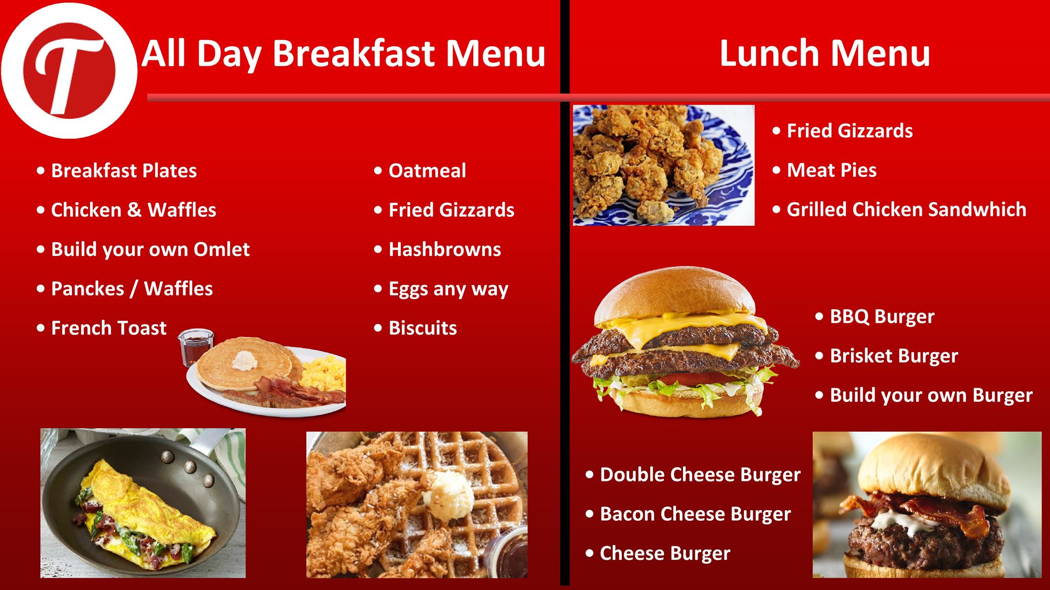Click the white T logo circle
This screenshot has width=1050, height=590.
[x=69, y=71]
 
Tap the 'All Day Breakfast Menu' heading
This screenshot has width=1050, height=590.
[x=344, y=53]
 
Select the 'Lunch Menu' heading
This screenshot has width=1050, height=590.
[x=824, y=53]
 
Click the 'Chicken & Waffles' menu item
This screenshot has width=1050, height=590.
[x=133, y=210]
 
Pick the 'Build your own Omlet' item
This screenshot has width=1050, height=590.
[x=150, y=250]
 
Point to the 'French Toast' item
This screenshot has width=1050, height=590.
[x=109, y=328]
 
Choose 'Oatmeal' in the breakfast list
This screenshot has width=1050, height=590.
[x=427, y=171]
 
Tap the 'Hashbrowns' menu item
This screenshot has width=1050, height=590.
[x=445, y=249]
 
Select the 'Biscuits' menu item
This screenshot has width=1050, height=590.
[x=422, y=328]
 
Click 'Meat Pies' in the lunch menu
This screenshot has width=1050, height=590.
[x=832, y=170]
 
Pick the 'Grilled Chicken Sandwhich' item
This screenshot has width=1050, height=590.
[x=906, y=209]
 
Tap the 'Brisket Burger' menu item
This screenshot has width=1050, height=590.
[x=894, y=356]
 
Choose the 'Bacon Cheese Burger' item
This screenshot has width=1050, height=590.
[x=695, y=514]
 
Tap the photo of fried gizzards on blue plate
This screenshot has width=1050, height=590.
[x=663, y=165]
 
